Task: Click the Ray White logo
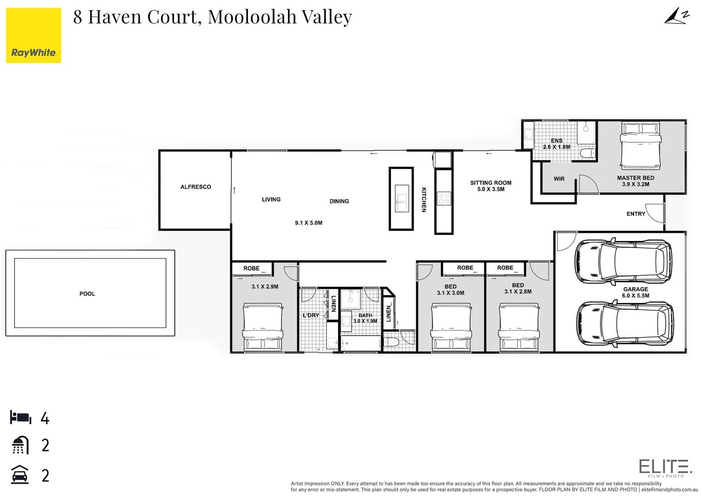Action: pyautogui.click(x=34, y=35)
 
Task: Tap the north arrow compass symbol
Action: pyautogui.click(x=677, y=17)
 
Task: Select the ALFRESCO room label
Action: pyautogui.click(x=196, y=187)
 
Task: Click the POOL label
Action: pyautogui.click(x=87, y=294)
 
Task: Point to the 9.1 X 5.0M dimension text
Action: pyautogui.click(x=308, y=223)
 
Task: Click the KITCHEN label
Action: pyautogui.click(x=424, y=199)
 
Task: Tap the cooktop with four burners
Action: pyautogui.click(x=444, y=198)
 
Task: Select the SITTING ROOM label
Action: pyautogui.click(x=491, y=183)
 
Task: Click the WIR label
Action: pyautogui.click(x=559, y=179)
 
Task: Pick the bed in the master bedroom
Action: pyautogui.click(x=640, y=146)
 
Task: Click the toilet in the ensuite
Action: pyautogui.click(x=587, y=153)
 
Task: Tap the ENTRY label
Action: pyautogui.click(x=635, y=214)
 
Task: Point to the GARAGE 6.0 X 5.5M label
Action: pyautogui.click(x=635, y=293)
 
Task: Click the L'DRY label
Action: pyautogui.click(x=311, y=316)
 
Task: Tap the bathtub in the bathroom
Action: pyautogui.click(x=360, y=343)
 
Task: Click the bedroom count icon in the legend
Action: pyautogui.click(x=21, y=418)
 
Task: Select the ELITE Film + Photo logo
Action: pyautogui.click(x=665, y=468)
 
